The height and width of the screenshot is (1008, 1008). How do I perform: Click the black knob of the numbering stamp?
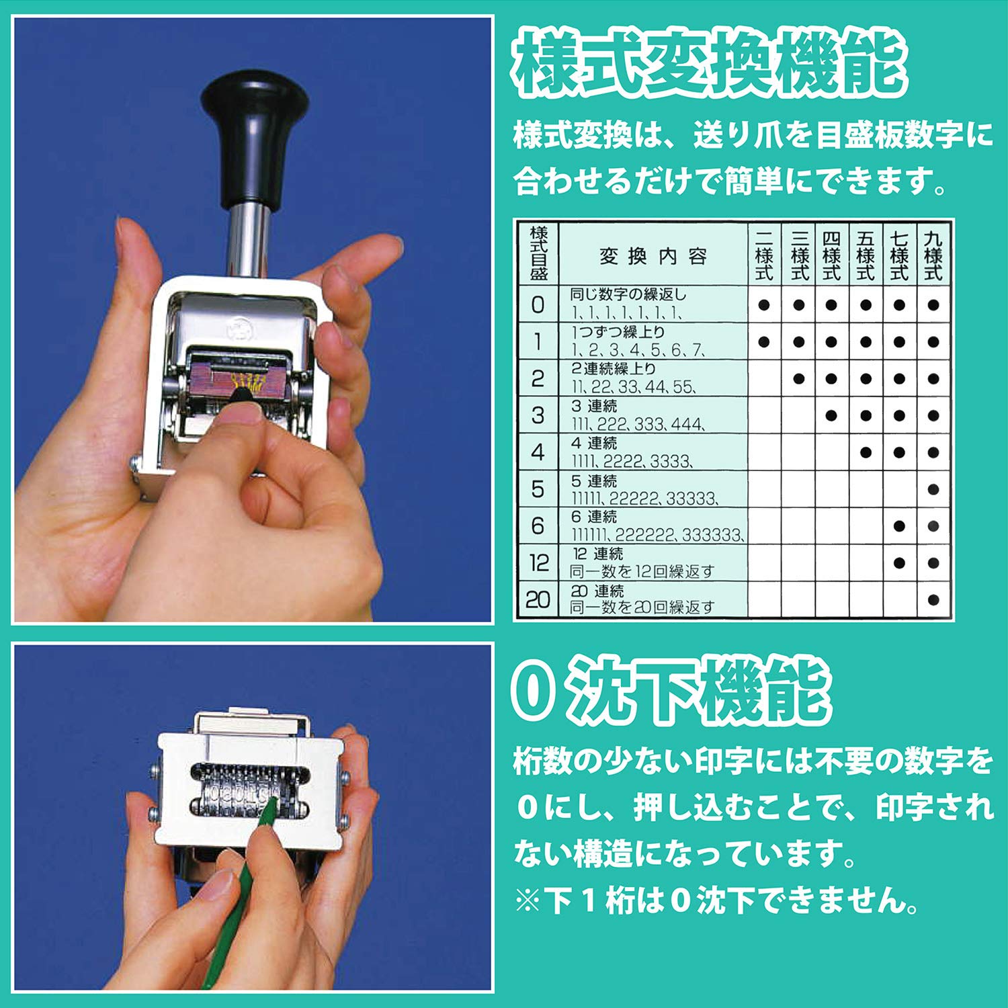[x=254, y=134]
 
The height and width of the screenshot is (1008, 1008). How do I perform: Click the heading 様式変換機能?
[x=709, y=64]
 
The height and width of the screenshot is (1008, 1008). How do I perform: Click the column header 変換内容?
[x=653, y=256]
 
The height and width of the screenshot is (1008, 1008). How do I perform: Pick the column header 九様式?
[x=933, y=255]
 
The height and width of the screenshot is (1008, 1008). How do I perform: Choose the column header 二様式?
[x=764, y=255]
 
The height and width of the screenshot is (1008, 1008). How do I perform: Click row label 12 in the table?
[x=538, y=562]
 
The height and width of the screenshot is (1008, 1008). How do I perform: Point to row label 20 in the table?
[x=538, y=599]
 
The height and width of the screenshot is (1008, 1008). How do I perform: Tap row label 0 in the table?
[x=538, y=305]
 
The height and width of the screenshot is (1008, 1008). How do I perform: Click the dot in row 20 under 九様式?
[x=933, y=599]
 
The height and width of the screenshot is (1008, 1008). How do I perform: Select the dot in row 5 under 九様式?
[x=933, y=489]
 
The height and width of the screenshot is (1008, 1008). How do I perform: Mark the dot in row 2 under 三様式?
[x=798, y=379]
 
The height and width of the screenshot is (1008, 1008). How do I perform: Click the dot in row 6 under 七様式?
[x=899, y=526]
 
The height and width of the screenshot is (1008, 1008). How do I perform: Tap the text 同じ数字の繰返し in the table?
[x=628, y=294]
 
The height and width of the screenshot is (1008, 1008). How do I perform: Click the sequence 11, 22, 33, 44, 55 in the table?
[x=633, y=387]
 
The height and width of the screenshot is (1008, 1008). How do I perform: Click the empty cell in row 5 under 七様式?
[x=899, y=489]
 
